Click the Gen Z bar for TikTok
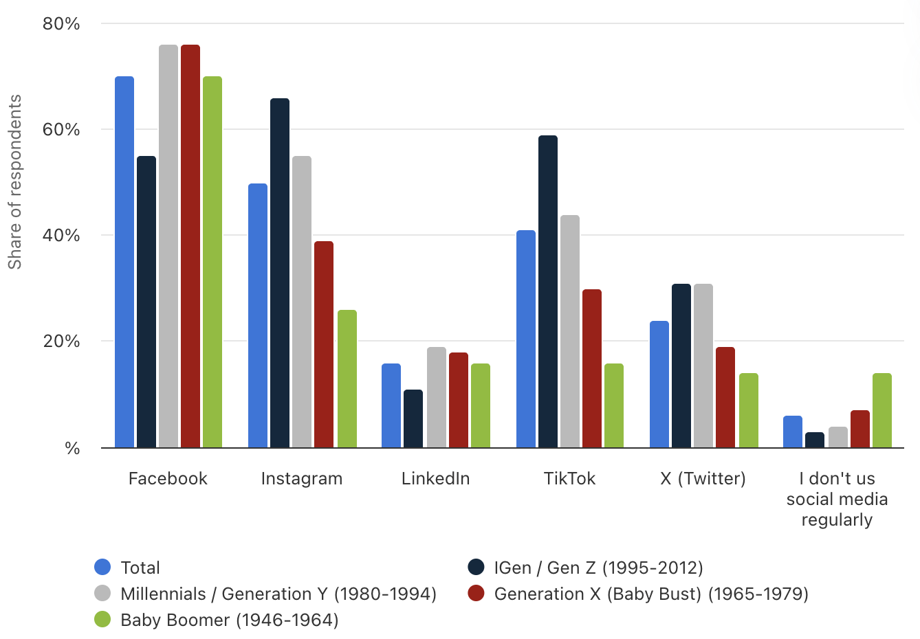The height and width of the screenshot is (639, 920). pyautogui.click(x=548, y=292)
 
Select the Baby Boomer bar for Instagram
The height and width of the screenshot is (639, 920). pyautogui.click(x=347, y=379)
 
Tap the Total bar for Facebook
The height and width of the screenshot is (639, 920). pyautogui.click(x=124, y=262)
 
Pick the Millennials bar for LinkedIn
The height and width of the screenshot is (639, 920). pyautogui.click(x=437, y=398)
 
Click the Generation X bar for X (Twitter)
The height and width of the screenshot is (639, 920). pyautogui.click(x=725, y=398)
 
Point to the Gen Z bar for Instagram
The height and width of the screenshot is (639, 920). pyautogui.click(x=280, y=273)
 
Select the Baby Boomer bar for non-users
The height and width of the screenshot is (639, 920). pyautogui.click(x=882, y=411)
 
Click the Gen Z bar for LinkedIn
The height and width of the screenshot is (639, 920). pyautogui.click(x=413, y=419)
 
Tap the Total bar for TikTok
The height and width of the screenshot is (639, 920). pyautogui.click(x=526, y=339)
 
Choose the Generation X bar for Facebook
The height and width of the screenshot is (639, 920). pyautogui.click(x=190, y=247)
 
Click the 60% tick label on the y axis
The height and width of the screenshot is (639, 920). pyautogui.click(x=61, y=130)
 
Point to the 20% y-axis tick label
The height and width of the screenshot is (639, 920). pyautogui.click(x=61, y=341)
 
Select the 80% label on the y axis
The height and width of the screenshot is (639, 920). pyautogui.click(x=61, y=24)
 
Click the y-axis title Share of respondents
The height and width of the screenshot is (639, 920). pyautogui.click(x=15, y=182)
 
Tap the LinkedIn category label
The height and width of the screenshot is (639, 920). pyautogui.click(x=436, y=479)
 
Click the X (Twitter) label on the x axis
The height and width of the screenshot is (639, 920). pyautogui.click(x=703, y=479)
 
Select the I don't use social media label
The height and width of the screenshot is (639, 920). pyautogui.click(x=837, y=499)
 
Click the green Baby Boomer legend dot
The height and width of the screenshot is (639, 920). pyautogui.click(x=102, y=620)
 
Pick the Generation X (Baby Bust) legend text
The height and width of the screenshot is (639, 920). pyautogui.click(x=651, y=594)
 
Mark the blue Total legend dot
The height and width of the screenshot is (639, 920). pyautogui.click(x=102, y=568)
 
